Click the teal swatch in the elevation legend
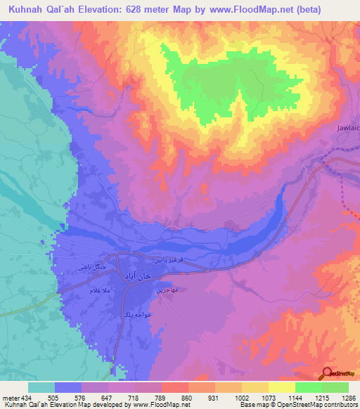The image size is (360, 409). click(41, 387)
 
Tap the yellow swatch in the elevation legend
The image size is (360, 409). click(282, 387)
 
